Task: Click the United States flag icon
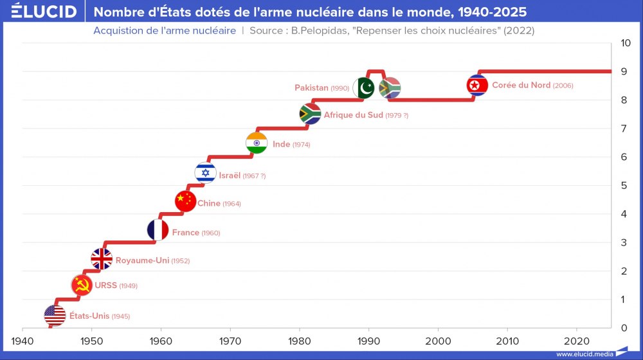[x=55, y=315]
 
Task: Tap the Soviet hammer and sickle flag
[x=82, y=285]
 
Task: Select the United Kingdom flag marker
[x=102, y=258]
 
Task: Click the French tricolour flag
[x=158, y=230]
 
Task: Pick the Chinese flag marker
[x=185, y=201]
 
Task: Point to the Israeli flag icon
[x=205, y=172]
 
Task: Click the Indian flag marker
[x=257, y=143]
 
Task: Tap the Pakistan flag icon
[x=363, y=88]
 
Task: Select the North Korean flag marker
[x=477, y=85]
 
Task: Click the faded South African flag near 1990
[x=390, y=88]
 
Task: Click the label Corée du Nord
[x=521, y=85]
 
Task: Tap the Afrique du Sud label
[x=353, y=115]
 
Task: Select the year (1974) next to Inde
[x=301, y=145]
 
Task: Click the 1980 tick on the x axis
[x=299, y=340]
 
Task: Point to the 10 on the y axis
[x=625, y=43]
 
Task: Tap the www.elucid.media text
[x=584, y=354]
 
